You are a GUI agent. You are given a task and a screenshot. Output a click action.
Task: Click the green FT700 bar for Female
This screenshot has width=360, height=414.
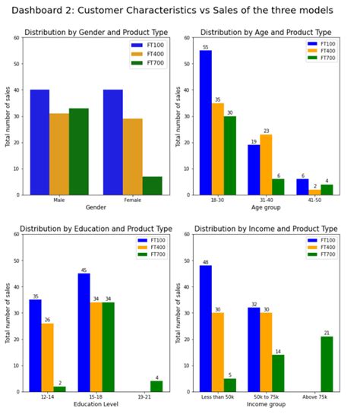[x=152, y=185]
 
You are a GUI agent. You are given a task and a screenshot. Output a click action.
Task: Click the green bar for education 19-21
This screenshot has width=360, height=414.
[x=156, y=386]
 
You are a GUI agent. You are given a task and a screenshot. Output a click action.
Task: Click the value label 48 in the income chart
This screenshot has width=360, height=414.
[x=206, y=262]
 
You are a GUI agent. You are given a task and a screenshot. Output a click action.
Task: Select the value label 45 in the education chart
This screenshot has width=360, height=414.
[x=84, y=270]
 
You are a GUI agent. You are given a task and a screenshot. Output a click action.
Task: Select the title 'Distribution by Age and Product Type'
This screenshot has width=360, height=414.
[x=265, y=33]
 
